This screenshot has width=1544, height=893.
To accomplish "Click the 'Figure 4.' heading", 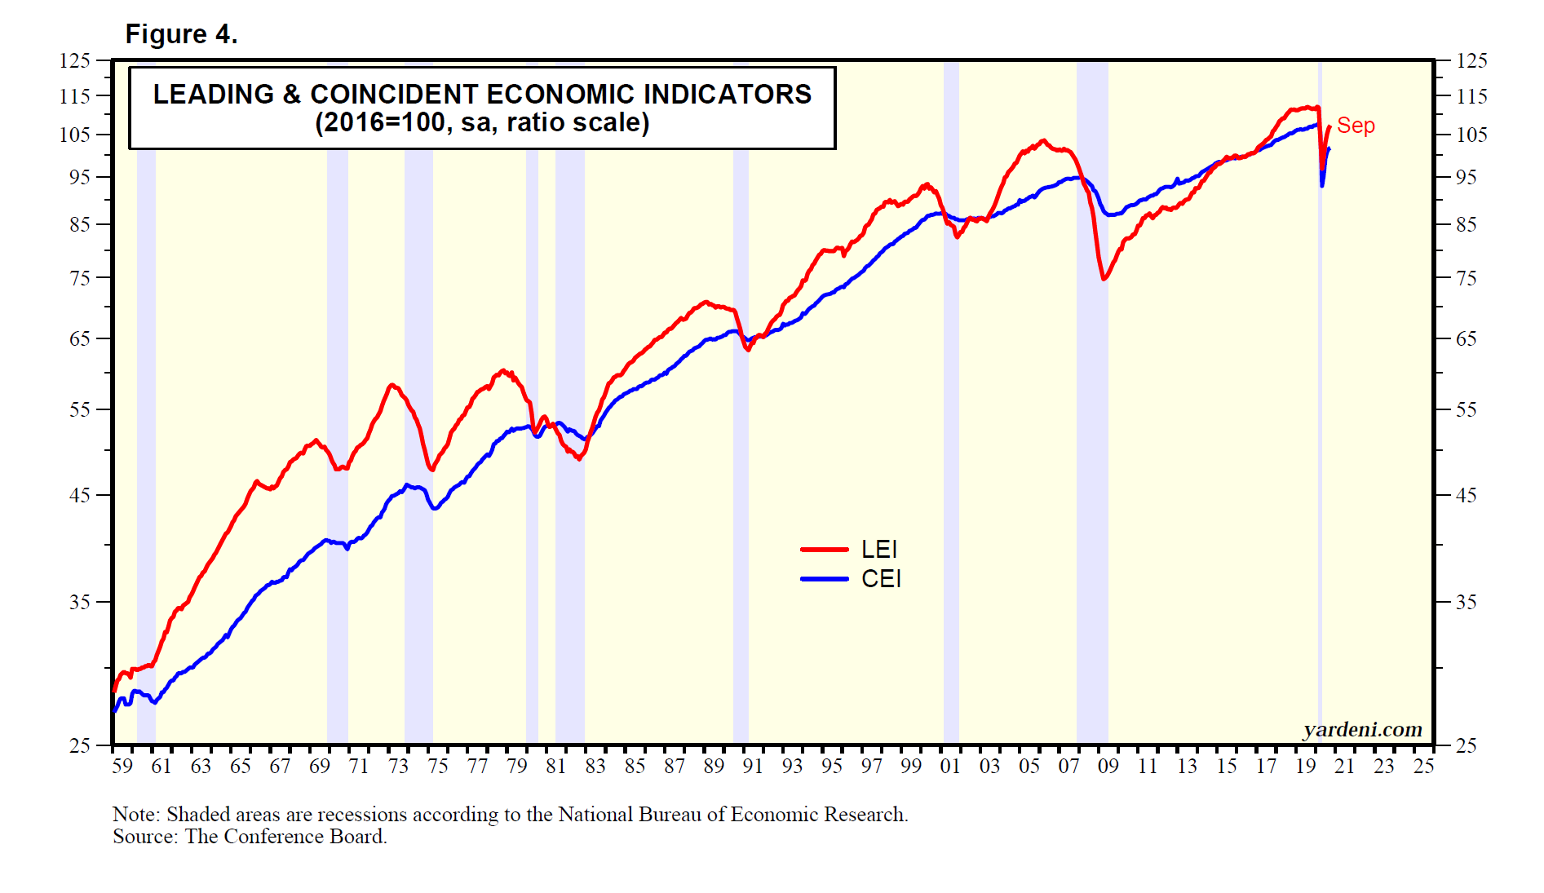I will click(181, 34).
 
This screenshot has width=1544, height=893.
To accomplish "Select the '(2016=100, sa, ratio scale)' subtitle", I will click(482, 123).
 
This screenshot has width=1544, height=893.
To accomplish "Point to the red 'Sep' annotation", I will click(1356, 126).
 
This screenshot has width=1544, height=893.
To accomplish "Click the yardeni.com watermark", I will click(1362, 729).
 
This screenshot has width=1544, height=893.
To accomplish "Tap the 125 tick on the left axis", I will click(75, 60).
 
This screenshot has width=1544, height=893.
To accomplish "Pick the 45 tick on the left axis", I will click(80, 495).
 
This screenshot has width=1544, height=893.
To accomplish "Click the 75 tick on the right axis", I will click(1466, 278).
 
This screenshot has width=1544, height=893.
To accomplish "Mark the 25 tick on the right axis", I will click(1466, 745).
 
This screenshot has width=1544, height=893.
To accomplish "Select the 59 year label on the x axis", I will click(122, 767).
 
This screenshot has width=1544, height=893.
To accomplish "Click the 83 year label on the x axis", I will click(595, 767).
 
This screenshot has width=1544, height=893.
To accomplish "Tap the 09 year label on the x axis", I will click(1108, 767).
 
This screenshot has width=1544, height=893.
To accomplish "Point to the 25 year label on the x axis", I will click(1423, 767).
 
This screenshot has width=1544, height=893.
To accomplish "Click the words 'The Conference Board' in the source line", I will click(285, 837).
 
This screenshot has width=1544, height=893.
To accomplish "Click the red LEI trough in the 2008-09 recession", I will click(1104, 279).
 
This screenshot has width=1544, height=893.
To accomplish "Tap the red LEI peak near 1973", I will click(392, 385).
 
